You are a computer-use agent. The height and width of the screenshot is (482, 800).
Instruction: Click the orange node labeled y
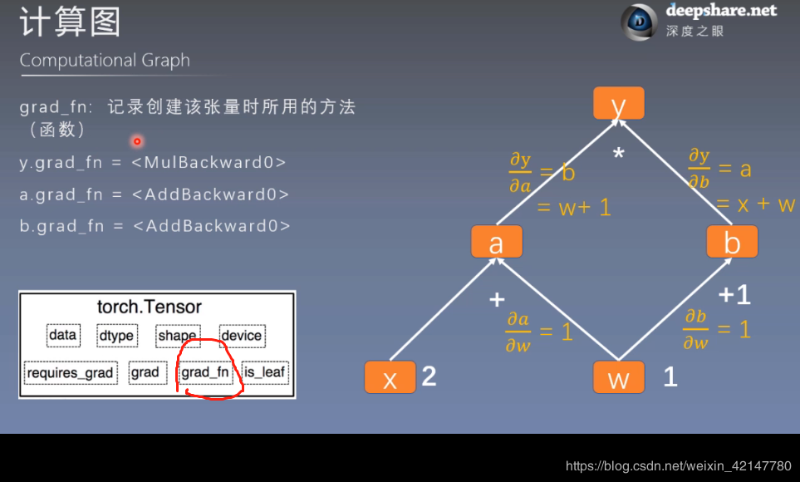click(x=618, y=104)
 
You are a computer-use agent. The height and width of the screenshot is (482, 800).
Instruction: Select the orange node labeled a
click(x=496, y=243)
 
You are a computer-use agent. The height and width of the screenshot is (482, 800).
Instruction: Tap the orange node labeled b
click(x=732, y=243)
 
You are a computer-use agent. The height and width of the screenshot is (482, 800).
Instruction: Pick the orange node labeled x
click(x=390, y=378)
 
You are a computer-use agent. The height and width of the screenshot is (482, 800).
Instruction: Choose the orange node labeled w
click(x=618, y=378)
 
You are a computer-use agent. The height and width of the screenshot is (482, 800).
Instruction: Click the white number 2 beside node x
click(x=429, y=376)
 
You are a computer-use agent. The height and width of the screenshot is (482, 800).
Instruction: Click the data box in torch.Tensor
click(x=62, y=336)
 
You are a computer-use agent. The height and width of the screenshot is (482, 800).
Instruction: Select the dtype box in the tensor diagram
click(x=115, y=336)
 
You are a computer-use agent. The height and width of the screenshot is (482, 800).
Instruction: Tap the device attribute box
click(x=242, y=336)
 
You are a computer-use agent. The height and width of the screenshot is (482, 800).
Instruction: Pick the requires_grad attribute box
click(x=70, y=372)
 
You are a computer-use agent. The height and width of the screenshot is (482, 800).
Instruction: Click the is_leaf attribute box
click(x=265, y=372)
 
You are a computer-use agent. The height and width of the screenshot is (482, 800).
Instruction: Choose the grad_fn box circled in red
click(x=204, y=372)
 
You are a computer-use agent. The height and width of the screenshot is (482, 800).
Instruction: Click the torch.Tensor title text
click(x=150, y=307)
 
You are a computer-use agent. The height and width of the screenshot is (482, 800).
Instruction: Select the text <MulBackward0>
click(x=209, y=162)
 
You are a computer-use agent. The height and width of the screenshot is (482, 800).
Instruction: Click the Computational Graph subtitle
click(x=105, y=61)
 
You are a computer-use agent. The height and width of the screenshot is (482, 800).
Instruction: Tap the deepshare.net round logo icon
click(x=639, y=22)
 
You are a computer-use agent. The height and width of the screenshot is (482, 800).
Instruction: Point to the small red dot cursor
click(x=137, y=141)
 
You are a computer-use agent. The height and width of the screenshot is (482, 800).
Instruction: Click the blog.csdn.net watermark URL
click(x=678, y=466)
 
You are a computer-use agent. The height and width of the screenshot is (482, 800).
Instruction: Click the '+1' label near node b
click(x=734, y=294)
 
